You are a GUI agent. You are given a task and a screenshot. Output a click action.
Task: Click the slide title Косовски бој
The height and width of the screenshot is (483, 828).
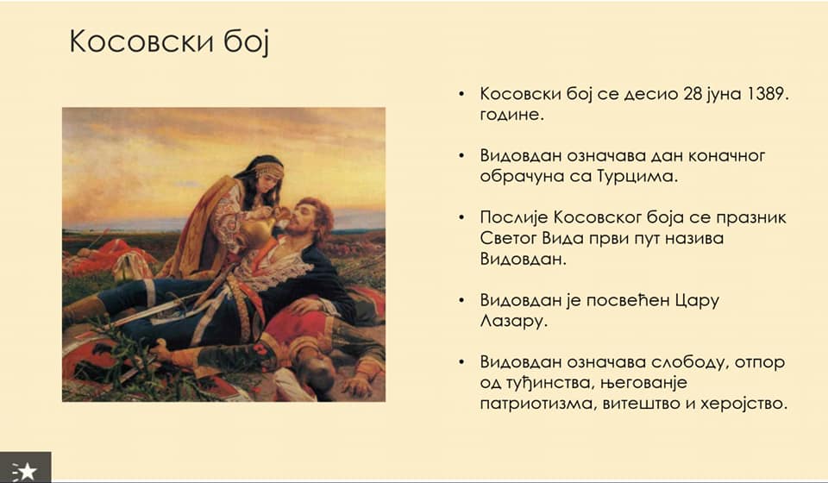[169, 41]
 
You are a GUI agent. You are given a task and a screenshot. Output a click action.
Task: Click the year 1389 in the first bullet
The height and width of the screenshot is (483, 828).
[768, 93]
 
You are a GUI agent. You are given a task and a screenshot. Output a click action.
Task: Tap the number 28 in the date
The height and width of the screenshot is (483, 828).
[693, 93]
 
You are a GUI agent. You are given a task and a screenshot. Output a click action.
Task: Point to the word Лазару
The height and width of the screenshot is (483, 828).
[512, 321]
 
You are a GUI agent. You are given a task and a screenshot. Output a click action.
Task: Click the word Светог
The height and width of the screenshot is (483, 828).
[508, 238]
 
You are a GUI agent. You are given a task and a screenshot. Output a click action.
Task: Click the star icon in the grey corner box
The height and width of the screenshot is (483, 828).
[26, 470]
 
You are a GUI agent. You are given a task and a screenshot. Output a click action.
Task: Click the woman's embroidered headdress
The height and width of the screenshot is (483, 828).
[267, 169]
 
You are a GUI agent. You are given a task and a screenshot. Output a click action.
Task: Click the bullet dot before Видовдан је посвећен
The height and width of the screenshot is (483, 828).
[461, 300]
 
